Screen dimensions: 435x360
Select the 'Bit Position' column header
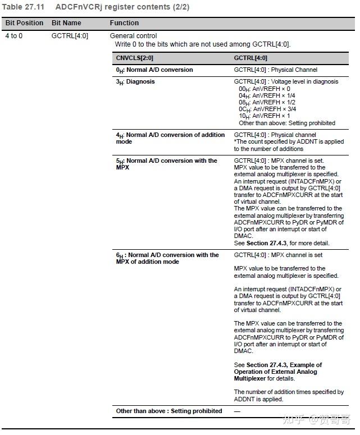pos(24,23)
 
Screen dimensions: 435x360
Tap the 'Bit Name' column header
pos(66,23)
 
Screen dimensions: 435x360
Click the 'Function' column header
pos(124,23)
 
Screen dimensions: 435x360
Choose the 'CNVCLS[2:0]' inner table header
pos(135,58)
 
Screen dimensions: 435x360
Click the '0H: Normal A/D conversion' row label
pos(154,70)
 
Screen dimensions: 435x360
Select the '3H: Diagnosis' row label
pos(135,82)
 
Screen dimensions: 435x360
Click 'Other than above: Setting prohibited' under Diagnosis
pos(286,123)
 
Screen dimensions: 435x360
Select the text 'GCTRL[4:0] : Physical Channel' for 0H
pos(275,70)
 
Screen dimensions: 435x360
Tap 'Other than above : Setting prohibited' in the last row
pos(169,411)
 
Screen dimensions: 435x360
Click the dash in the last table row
pos(237,411)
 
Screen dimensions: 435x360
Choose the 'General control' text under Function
pos(133,36)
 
